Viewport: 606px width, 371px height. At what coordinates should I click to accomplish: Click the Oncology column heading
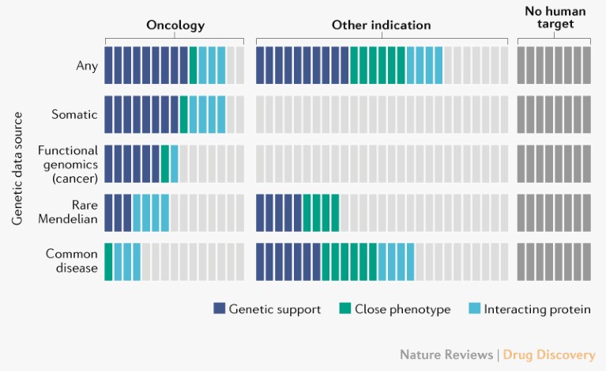(175, 25)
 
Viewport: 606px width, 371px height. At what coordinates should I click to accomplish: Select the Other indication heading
(381, 25)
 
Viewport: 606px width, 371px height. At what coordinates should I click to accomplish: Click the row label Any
(87, 66)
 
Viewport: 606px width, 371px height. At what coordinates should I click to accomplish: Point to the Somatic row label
(74, 115)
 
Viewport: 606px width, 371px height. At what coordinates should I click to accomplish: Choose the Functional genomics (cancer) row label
(68, 164)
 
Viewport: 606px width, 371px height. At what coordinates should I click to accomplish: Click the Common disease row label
(71, 261)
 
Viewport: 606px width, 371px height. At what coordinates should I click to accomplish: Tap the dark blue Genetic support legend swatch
(219, 309)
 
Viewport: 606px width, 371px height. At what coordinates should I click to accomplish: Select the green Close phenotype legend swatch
(345, 309)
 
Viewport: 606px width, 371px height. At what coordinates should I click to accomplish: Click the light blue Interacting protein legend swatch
(474, 309)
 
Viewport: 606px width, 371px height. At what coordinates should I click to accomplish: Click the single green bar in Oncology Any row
(194, 66)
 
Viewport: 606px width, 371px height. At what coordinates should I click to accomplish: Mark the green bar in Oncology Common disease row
(109, 261)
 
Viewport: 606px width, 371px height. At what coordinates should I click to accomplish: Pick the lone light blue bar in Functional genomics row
(175, 164)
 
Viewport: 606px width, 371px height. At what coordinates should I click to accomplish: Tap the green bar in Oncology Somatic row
(184, 115)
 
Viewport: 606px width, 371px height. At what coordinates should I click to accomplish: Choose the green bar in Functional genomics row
(165, 164)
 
